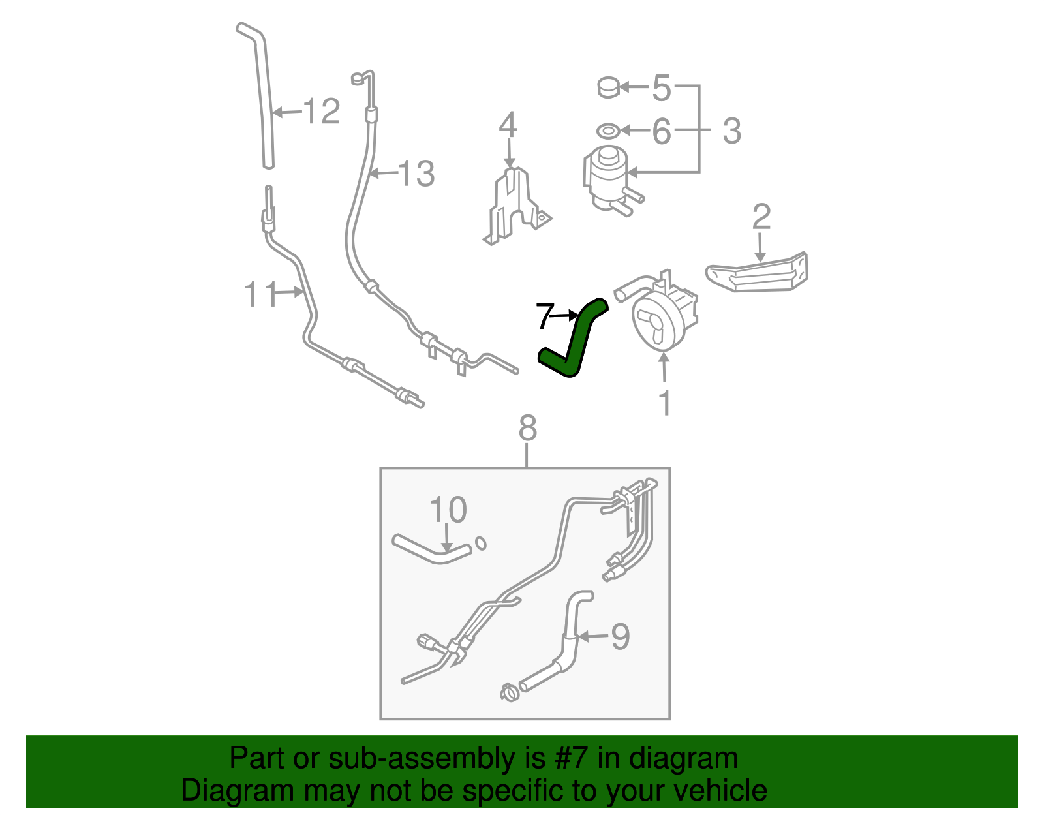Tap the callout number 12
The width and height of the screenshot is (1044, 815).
pos(322,112)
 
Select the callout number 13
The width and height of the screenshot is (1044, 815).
pos(416,174)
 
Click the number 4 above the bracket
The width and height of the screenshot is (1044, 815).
pos(508,125)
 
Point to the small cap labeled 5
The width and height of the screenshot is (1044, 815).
pos(609,87)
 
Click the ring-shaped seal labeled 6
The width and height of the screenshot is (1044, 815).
pos(608,131)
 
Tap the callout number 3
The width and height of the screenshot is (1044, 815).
pos(732,131)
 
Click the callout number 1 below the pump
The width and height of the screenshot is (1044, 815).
pos(665,403)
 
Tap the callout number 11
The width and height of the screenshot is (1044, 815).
pos(260,294)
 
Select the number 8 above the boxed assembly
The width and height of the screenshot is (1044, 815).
pos(527,429)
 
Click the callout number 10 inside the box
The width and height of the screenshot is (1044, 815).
pos(448,510)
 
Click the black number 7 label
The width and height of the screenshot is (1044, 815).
pos(544,316)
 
